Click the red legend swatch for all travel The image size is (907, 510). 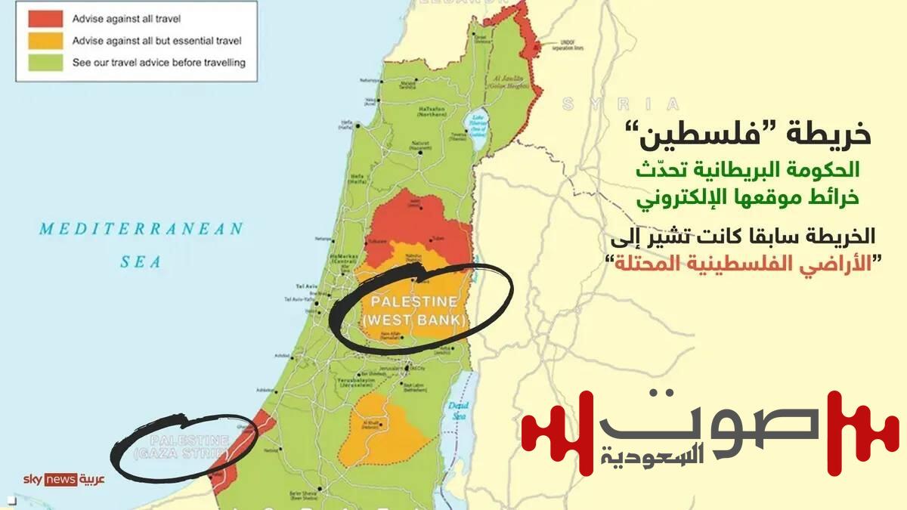(45, 19)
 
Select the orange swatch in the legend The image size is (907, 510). (45, 41)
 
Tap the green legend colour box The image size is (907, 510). (45, 63)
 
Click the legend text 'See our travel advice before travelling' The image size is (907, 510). (159, 63)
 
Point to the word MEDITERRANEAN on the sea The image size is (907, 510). (141, 228)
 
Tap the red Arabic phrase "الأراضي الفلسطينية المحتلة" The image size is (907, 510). (741, 264)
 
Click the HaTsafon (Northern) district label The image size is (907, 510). (430, 110)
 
